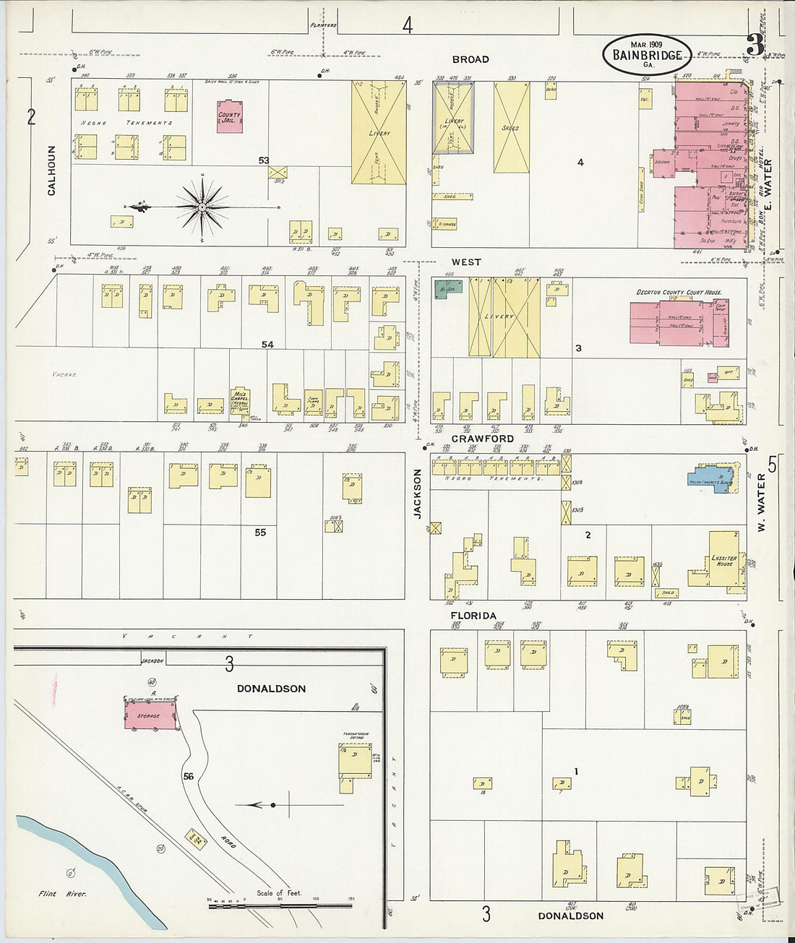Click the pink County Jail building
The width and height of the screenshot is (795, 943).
coord(229,119)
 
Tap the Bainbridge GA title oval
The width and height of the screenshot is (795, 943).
coord(647,54)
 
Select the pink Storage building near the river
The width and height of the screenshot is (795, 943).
coord(150,715)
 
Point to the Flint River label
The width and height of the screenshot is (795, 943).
coord(63,894)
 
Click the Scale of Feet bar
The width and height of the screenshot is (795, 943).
coord(280,904)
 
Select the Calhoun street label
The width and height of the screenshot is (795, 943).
coord(51,171)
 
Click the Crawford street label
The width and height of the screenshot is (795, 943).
coord(482,439)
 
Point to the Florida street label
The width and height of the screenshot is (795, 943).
coord(473,616)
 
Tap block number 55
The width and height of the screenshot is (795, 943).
coord(260,533)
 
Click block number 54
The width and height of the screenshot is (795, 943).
coord(267,345)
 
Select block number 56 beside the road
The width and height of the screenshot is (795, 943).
coord(189,776)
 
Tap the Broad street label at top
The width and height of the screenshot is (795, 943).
coord(470,59)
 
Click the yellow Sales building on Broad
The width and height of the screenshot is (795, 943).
coord(512,127)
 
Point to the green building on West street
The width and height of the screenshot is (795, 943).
coord(448,289)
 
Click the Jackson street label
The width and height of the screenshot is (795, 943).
coord(417,493)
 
